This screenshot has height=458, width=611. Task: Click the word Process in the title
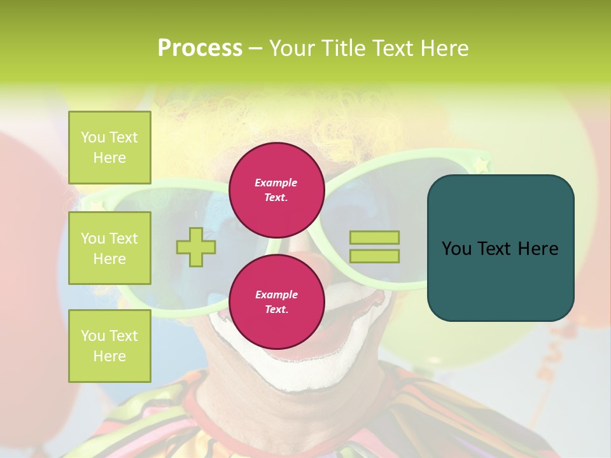click(200, 48)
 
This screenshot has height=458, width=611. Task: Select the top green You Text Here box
click(109, 148)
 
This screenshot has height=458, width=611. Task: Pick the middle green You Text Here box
click(109, 248)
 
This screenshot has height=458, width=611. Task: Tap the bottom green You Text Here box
click(109, 346)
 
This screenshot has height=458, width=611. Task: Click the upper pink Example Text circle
click(276, 190)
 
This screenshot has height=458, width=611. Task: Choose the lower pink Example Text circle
click(276, 302)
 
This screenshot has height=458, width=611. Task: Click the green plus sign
click(196, 247)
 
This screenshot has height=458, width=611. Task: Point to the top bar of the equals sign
click(374, 237)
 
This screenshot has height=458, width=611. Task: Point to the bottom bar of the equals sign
click(374, 256)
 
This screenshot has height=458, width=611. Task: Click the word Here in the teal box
click(538, 249)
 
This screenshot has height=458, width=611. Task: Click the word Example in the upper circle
click(276, 183)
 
